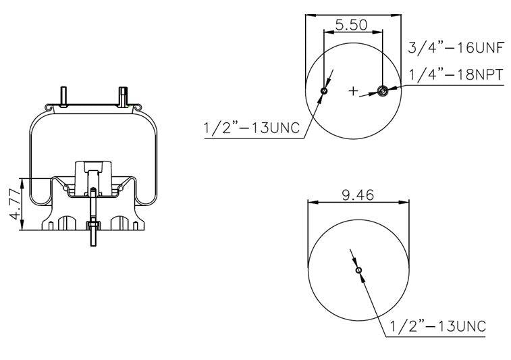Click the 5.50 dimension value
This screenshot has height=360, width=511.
click(x=351, y=25)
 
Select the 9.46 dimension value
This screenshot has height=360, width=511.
click(x=358, y=195)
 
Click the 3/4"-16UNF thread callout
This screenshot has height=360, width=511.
click(x=456, y=48)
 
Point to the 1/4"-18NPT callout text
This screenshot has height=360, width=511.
click(x=456, y=75)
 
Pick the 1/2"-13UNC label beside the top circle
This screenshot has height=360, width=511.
click(x=251, y=128)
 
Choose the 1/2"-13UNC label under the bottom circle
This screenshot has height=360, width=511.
click(x=437, y=326)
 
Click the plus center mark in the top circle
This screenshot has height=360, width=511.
click(x=353, y=91)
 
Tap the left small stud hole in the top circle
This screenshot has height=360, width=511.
click(x=324, y=91)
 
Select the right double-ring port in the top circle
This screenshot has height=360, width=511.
click(x=382, y=91)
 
